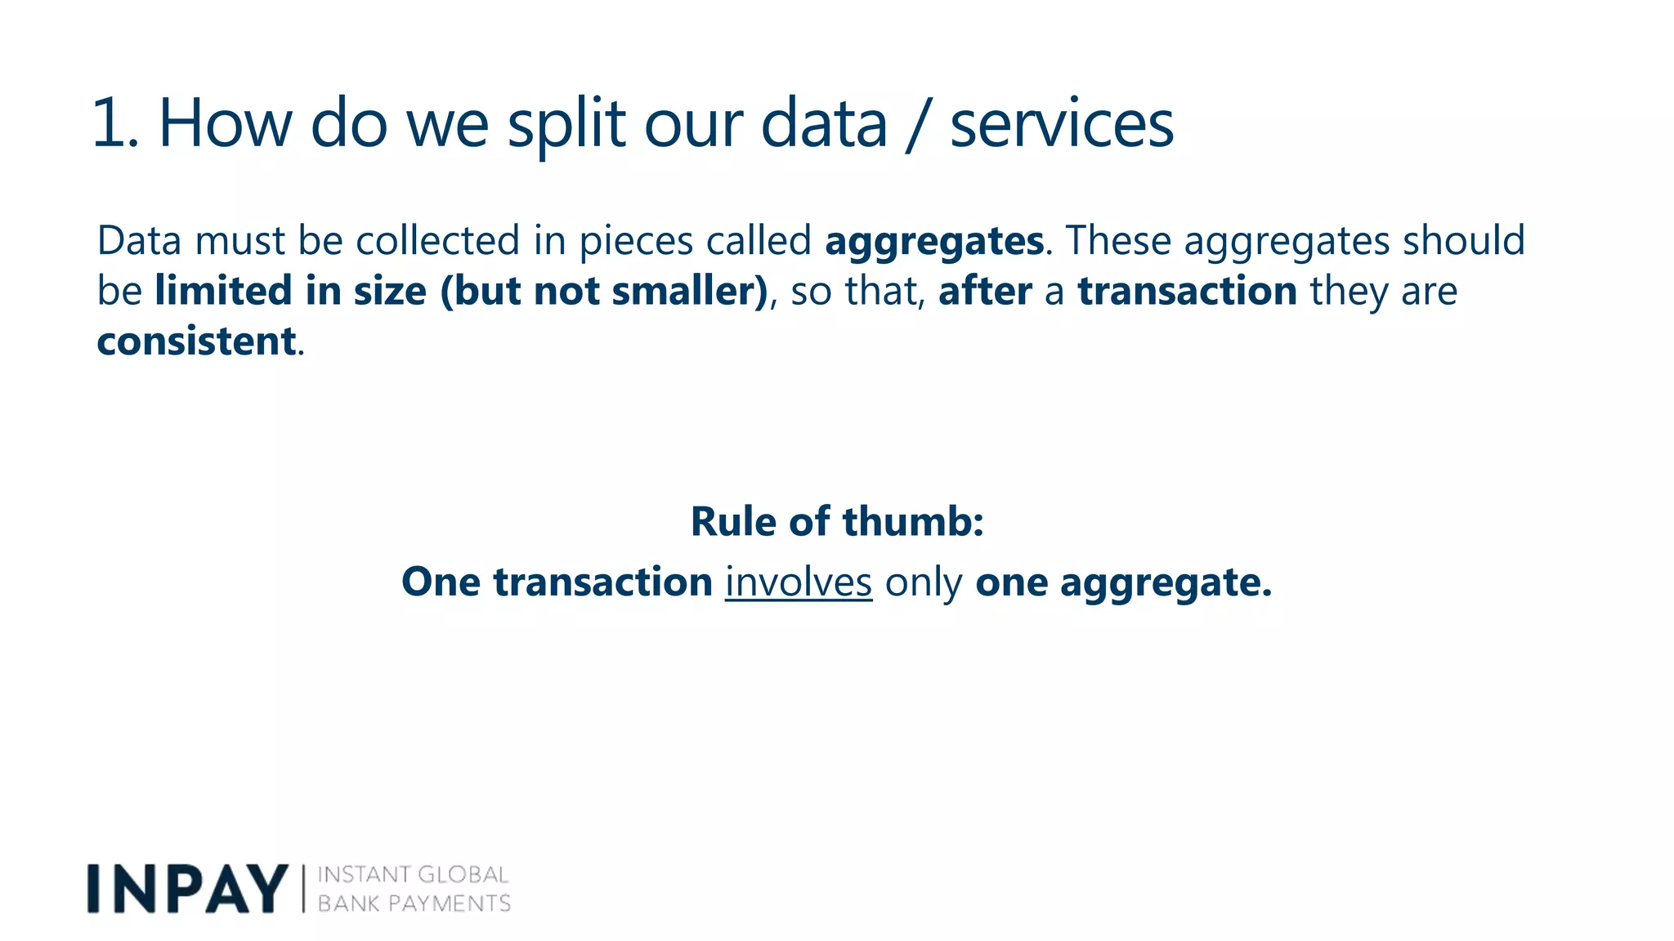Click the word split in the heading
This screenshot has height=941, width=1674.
tap(566, 124)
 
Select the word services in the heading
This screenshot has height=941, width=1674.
tap(1061, 124)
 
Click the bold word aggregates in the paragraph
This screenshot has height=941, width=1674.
tap(933, 242)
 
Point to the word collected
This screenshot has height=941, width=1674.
tap(437, 241)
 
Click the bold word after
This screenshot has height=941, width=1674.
tap(984, 292)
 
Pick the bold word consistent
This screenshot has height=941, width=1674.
tap(196, 341)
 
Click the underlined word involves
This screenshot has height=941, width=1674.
tap(798, 583)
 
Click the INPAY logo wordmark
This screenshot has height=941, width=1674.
tap(188, 889)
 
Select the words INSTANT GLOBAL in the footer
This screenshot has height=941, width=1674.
tap(413, 875)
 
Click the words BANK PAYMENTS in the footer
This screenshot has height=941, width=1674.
tap(414, 903)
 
